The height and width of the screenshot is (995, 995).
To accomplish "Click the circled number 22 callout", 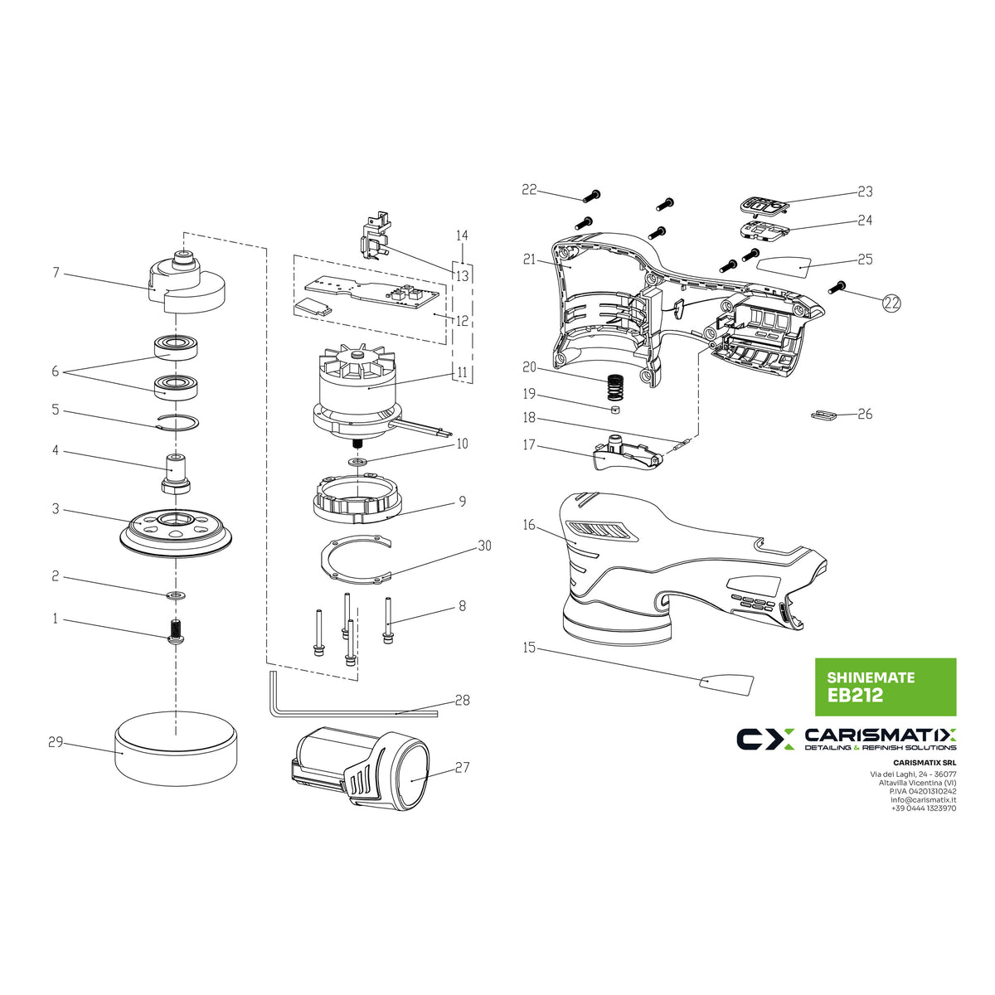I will point(891,303).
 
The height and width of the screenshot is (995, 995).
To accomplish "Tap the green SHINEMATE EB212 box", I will point(885,687).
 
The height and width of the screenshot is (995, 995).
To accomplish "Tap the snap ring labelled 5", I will point(177,423).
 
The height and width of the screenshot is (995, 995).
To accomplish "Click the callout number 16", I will point(529,525).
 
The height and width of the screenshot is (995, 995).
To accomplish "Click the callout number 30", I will point(484,546).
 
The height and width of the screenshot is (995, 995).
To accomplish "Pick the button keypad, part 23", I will point(762,204).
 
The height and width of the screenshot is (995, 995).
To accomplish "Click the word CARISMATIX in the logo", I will point(880,735).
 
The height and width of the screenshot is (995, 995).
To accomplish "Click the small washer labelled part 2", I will point(177,595).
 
